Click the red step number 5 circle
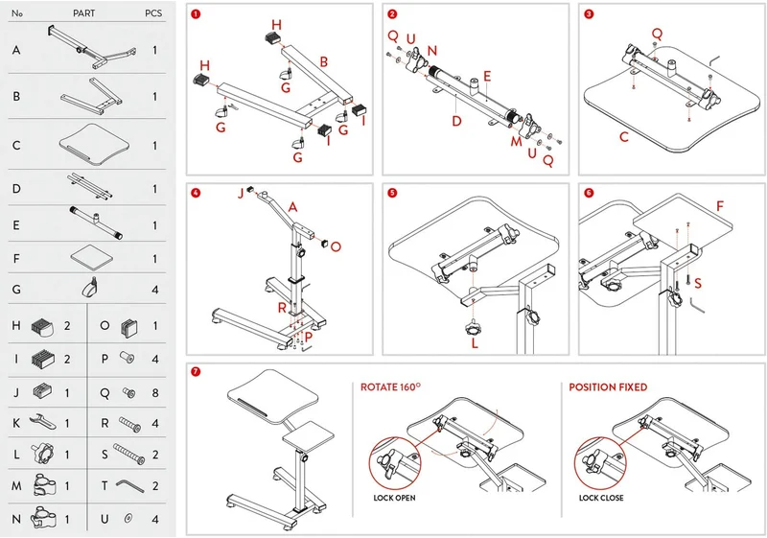tap(392, 193)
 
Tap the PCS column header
tap(153, 13)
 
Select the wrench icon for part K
tap(42, 422)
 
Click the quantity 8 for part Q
tap(155, 393)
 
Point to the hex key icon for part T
tap(129, 485)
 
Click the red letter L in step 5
tap(475, 343)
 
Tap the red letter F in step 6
tap(720, 206)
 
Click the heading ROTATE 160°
tap(390, 387)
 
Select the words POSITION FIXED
tap(608, 387)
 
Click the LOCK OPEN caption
tap(394, 498)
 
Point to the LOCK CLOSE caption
tap(601, 498)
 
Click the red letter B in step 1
tap(323, 62)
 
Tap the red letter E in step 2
tap(487, 76)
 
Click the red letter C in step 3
tap(624, 136)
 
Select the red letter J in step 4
tap(241, 194)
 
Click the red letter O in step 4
tap(336, 246)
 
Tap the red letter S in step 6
tap(698, 283)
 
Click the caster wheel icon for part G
tap(91, 287)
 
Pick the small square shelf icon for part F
tap(91, 256)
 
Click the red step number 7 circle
tap(196, 372)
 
